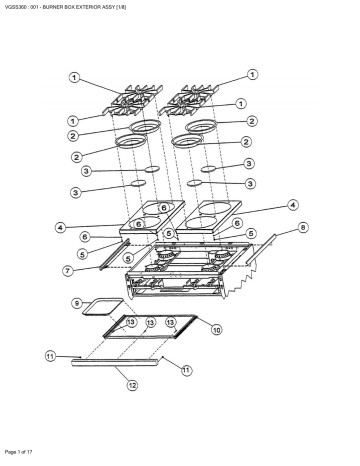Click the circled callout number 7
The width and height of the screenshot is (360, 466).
68,270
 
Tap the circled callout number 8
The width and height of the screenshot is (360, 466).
303,228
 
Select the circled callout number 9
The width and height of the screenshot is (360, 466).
77,303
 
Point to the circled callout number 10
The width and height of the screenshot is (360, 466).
217,330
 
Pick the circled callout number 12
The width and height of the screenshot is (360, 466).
132,385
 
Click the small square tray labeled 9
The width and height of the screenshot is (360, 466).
103,307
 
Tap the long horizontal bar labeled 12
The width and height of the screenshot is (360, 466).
115,362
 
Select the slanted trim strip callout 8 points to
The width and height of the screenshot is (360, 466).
261,249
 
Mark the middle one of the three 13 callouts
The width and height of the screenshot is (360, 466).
151,322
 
